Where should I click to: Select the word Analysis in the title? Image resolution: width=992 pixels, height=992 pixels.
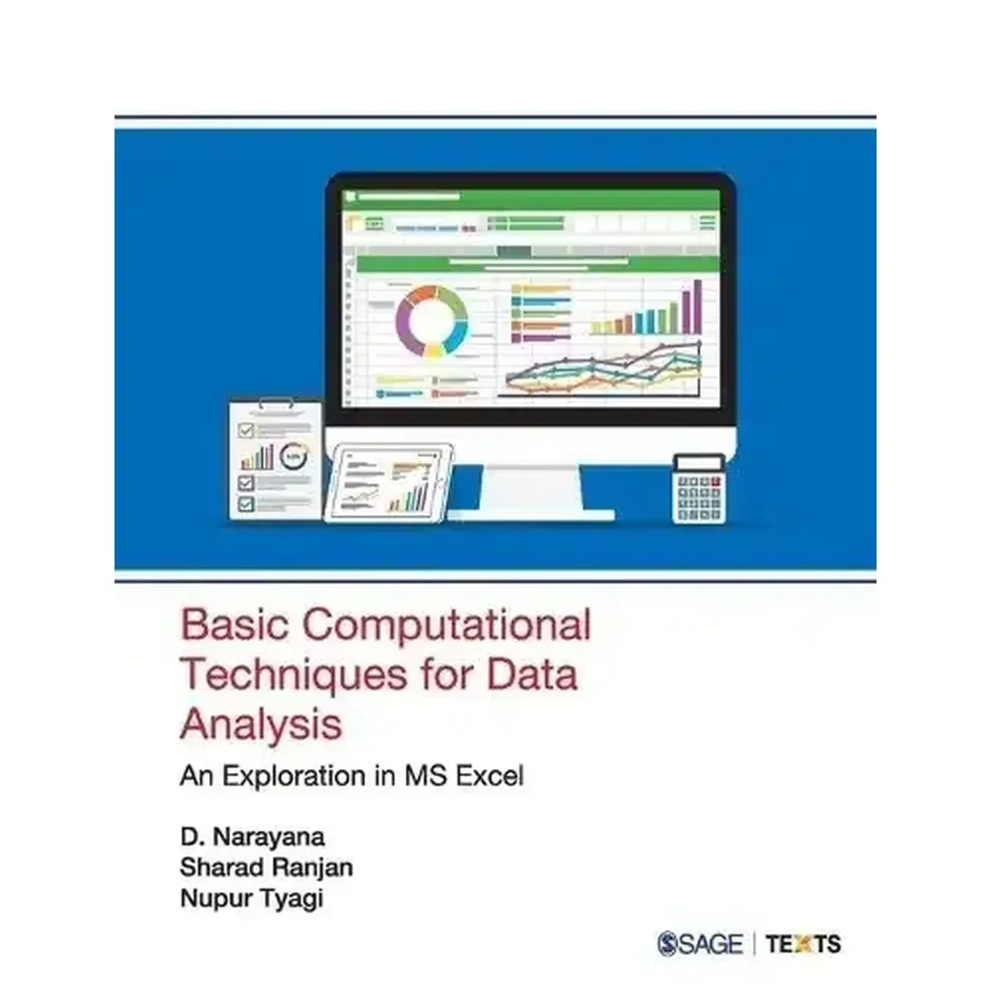(x=261, y=724)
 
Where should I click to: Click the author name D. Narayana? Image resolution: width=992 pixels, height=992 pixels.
(x=252, y=836)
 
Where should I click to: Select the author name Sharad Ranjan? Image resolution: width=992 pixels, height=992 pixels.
(x=266, y=868)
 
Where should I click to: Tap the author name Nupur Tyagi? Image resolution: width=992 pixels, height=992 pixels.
(x=251, y=899)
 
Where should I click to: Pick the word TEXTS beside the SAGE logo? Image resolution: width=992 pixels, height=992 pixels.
(x=803, y=944)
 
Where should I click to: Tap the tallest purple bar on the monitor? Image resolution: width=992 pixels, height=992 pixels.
(x=694, y=306)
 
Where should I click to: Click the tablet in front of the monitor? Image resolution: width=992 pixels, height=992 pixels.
(x=388, y=482)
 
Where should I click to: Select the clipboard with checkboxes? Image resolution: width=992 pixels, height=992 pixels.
(x=275, y=460)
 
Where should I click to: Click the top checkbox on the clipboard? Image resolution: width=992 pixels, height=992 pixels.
(x=245, y=431)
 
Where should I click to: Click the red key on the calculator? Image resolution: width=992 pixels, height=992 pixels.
(x=716, y=483)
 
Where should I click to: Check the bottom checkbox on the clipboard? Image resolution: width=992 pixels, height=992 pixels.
(x=245, y=502)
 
